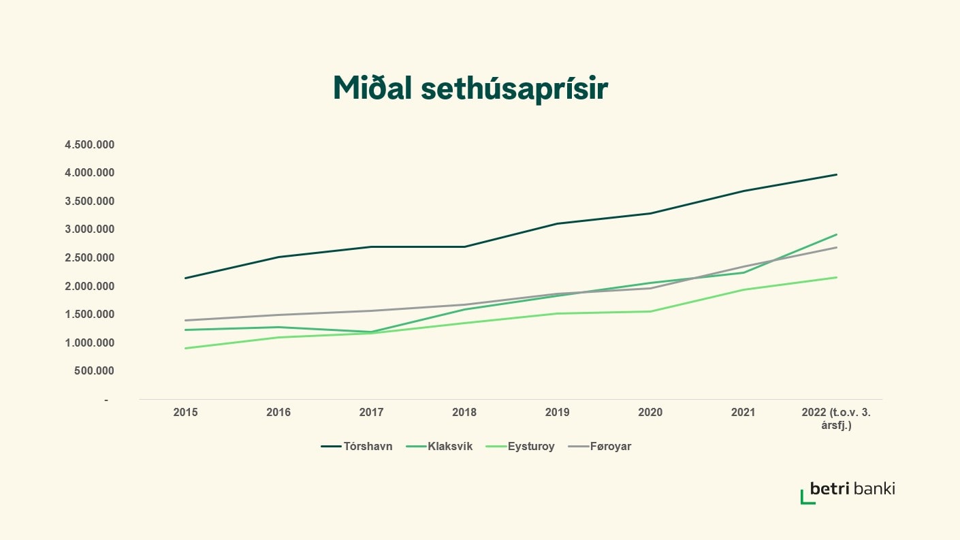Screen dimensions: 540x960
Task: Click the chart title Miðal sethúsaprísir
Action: (470, 89)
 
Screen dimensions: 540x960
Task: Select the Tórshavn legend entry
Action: (357, 447)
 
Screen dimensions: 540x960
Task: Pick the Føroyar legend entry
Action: (601, 447)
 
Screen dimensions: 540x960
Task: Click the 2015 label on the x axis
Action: (185, 412)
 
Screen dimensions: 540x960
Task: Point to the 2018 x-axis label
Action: (464, 412)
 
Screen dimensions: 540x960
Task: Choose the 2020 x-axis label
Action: (650, 412)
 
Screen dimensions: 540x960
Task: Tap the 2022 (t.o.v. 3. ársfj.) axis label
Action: (836, 418)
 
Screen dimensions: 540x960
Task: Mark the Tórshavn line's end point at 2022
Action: (836, 174)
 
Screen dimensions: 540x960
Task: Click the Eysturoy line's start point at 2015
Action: (185, 348)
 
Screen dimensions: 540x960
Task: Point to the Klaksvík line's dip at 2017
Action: (371, 332)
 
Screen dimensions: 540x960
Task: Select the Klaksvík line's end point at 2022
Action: (836, 234)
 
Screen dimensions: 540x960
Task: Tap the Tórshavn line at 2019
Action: (558, 223)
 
